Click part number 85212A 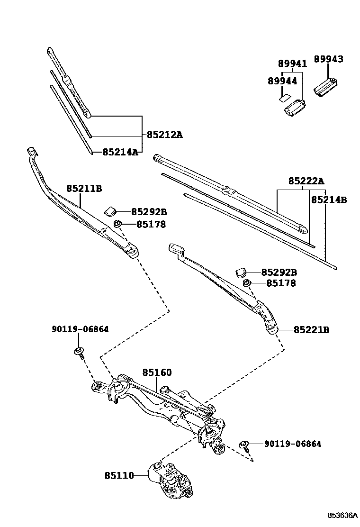[164, 135]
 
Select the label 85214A [120, 152]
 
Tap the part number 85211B [84, 189]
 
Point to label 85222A [306, 181]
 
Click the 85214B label [329, 200]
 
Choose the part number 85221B [311, 330]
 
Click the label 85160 [157, 373]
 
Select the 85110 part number [119, 475]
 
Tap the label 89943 [329, 59]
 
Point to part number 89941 [292, 64]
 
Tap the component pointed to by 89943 [326, 87]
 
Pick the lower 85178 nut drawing [246, 283]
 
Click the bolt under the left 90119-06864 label [79, 353]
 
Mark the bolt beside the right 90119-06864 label [245, 445]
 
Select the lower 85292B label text [279, 273]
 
